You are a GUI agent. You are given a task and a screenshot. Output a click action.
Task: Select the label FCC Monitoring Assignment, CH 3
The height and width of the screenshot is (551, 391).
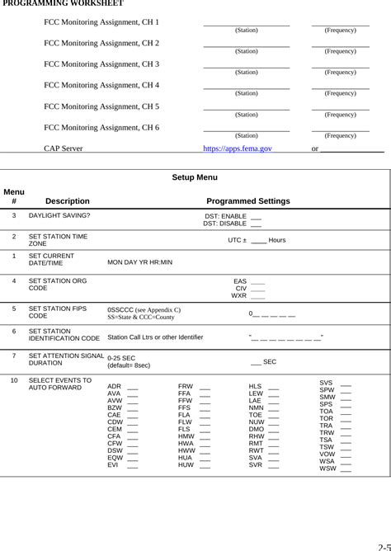pos(101,64)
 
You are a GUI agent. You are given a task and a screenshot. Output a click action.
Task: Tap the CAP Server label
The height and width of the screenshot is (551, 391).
pos(63,148)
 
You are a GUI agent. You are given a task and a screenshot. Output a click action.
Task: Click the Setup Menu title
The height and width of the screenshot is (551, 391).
pos(195,177)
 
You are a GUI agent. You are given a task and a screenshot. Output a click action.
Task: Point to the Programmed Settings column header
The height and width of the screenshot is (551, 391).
pos(247,201)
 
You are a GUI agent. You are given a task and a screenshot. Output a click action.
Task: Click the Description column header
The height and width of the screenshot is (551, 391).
pos(68,201)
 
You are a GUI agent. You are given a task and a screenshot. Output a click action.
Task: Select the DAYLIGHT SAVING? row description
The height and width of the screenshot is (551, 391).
pos(59,215)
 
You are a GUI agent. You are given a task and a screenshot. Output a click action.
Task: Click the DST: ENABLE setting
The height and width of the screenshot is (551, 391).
pos(225,216)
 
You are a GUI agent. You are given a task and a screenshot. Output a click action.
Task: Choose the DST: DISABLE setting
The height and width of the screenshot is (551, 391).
pos(224,224)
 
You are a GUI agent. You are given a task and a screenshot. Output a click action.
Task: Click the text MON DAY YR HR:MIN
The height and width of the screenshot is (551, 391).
pos(140,262)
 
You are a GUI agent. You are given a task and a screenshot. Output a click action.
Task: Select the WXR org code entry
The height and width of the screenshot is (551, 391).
pos(239,295)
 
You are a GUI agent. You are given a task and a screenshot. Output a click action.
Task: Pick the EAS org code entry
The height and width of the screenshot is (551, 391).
pos(240,281)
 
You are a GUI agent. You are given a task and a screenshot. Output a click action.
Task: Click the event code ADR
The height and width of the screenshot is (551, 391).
pos(114,386)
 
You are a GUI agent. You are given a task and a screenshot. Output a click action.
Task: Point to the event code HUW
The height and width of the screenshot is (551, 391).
pos(186,464)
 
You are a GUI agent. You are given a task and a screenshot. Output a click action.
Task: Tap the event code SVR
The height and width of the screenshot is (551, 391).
pos(256,464)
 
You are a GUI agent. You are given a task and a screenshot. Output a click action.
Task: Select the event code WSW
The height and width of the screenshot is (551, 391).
pos(327,469)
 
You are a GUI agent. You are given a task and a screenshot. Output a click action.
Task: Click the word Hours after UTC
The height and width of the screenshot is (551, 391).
pos(277,240)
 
